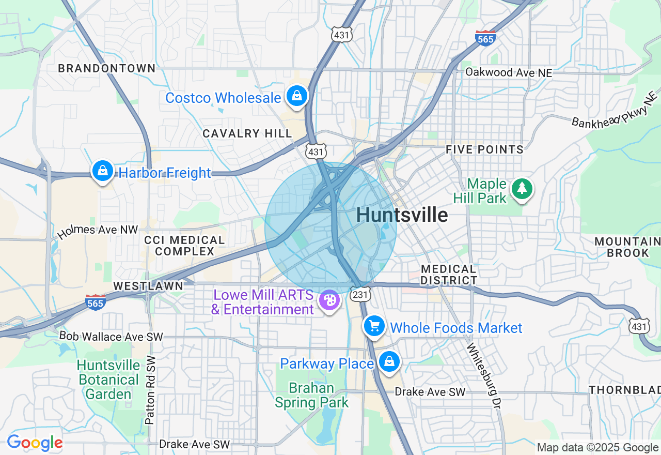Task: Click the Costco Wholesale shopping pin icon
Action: tap(297, 96)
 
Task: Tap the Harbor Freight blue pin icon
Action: tap(103, 171)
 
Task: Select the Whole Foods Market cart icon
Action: tap(374, 326)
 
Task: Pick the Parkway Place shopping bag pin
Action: tap(389, 362)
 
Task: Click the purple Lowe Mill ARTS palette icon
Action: tap(328, 300)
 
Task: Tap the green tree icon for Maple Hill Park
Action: tap(522, 189)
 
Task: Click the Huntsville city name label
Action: tap(402, 215)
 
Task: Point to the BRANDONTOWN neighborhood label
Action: tap(107, 68)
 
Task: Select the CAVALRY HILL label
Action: tap(247, 133)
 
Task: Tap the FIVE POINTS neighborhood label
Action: tap(485, 150)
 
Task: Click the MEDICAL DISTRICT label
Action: tap(449, 275)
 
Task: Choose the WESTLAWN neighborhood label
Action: tap(148, 286)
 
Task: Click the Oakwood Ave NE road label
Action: tap(509, 72)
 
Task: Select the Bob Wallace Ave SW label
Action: tap(111, 337)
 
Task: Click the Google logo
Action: tap(35, 443)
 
